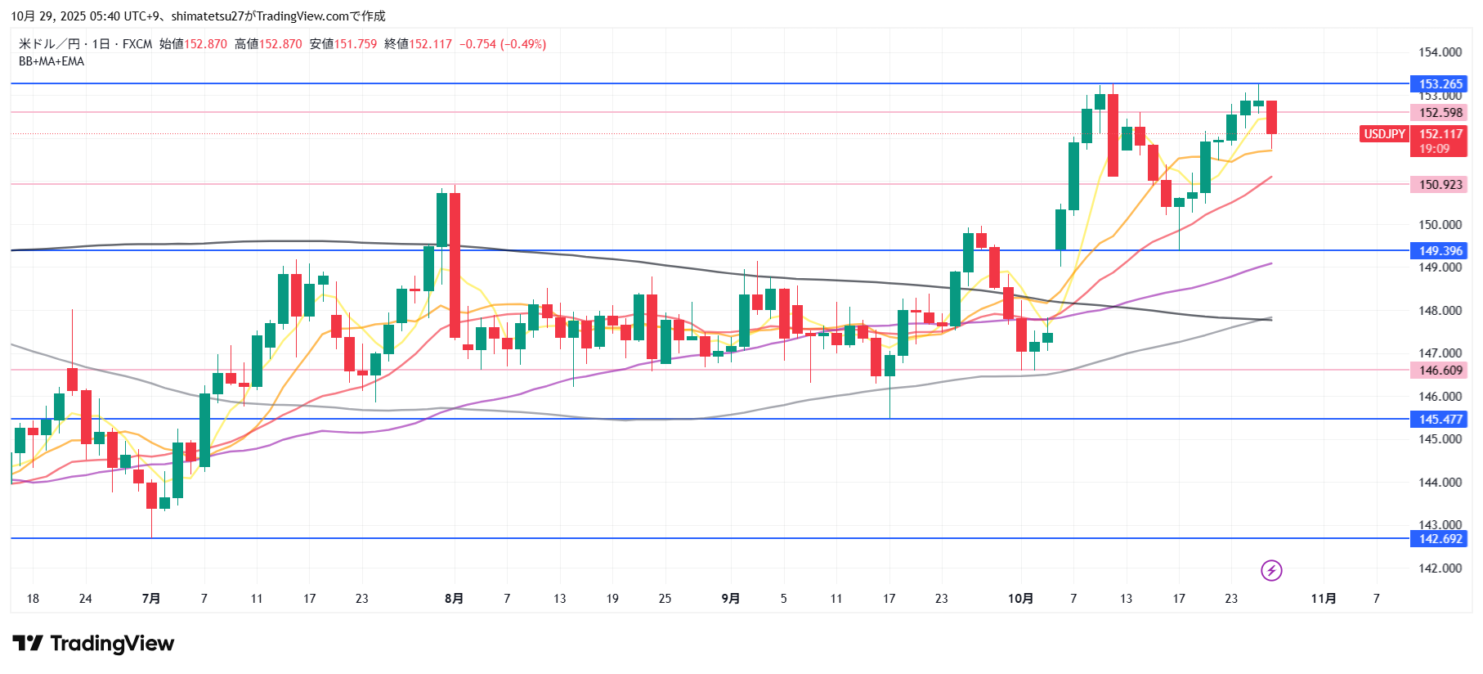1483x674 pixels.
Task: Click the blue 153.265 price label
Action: pyautogui.click(x=1439, y=84)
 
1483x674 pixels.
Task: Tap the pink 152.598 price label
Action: pyautogui.click(x=1439, y=113)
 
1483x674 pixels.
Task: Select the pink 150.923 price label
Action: pyautogui.click(x=1439, y=185)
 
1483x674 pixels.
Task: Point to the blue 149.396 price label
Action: pyautogui.click(x=1439, y=251)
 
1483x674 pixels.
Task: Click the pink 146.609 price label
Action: pyautogui.click(x=1439, y=371)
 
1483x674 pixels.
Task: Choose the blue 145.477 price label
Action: pyautogui.click(x=1439, y=420)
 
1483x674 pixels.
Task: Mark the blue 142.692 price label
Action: pyautogui.click(x=1439, y=539)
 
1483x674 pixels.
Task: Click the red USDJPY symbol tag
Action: pyautogui.click(x=1384, y=134)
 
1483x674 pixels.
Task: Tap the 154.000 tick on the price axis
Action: pyautogui.click(x=1440, y=52)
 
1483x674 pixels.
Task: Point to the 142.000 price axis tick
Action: pyautogui.click(x=1440, y=568)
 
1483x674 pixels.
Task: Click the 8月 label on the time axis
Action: pyautogui.click(x=454, y=599)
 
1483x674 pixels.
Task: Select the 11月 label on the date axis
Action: pyautogui.click(x=1324, y=599)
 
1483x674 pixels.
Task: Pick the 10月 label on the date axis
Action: pyautogui.click(x=1020, y=599)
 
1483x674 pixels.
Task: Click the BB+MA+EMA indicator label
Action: pyautogui.click(x=52, y=61)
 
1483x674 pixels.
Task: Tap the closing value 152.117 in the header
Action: pyautogui.click(x=430, y=44)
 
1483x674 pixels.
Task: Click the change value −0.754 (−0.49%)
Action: pyautogui.click(x=503, y=44)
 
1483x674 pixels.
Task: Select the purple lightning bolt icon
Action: pyautogui.click(x=1271, y=570)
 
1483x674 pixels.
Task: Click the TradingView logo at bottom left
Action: pyautogui.click(x=93, y=644)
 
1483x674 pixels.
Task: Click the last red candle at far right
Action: pyautogui.click(x=1271, y=117)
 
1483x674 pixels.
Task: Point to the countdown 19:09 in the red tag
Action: pyautogui.click(x=1434, y=149)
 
